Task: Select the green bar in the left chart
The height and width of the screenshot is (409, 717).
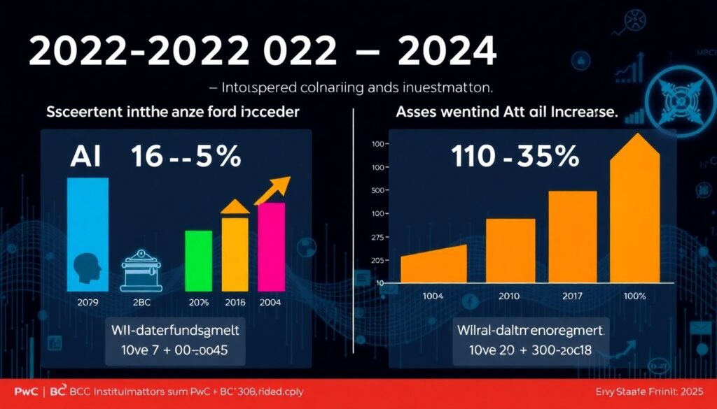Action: point(198,260)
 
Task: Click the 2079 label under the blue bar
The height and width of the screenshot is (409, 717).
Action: point(88,302)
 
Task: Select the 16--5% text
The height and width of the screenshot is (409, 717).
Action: point(186,157)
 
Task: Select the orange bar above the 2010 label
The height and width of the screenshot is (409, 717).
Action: point(510,250)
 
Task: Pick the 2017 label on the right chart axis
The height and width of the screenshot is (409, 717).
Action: point(572,296)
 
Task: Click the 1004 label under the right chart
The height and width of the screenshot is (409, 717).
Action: point(433,296)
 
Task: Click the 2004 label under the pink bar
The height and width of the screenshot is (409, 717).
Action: point(270,302)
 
